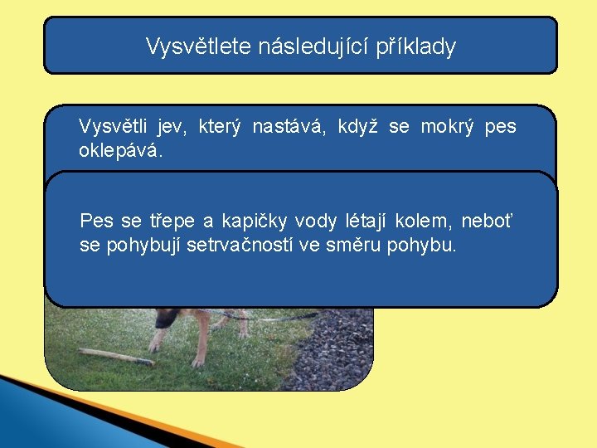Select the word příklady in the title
[416, 46]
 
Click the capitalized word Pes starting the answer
[96, 222]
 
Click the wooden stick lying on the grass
[116, 357]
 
